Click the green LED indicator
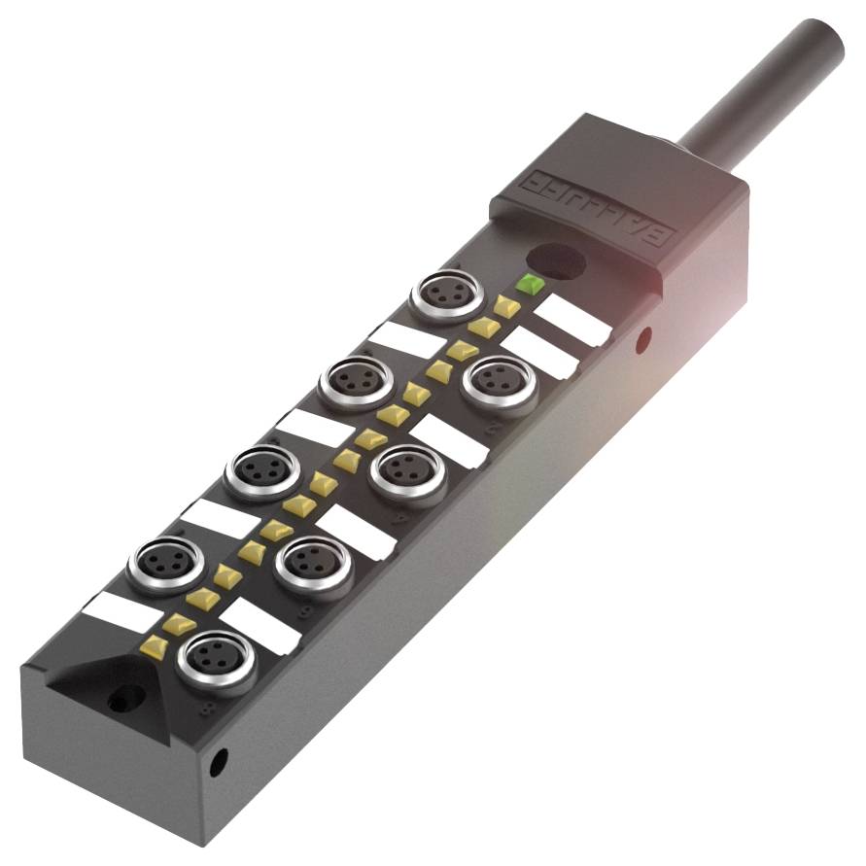530,285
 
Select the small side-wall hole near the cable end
642,339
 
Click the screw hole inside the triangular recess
121,697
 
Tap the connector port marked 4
407,470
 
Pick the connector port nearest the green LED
445,294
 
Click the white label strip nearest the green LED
572,320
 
